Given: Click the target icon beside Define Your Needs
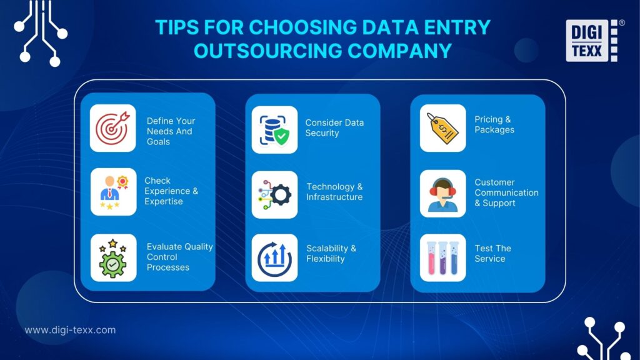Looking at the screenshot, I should pos(113,128).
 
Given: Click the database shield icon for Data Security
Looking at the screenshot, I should pos(274,129).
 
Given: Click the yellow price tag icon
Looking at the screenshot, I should pos(442,128).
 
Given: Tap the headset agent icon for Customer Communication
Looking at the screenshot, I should pos(442,194).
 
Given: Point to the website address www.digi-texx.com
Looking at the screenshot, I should pos(70,330).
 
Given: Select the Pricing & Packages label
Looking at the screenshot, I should pos(494,124).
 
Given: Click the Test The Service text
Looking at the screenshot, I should pos(492,253).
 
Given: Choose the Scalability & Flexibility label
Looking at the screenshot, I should pos(331,253).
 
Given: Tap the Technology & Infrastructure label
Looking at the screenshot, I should pos(334,192).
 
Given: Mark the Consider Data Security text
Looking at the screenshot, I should pos(334,127).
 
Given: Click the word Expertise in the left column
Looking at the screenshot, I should pos(164,201).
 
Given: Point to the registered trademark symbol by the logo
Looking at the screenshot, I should pos(621,22).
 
